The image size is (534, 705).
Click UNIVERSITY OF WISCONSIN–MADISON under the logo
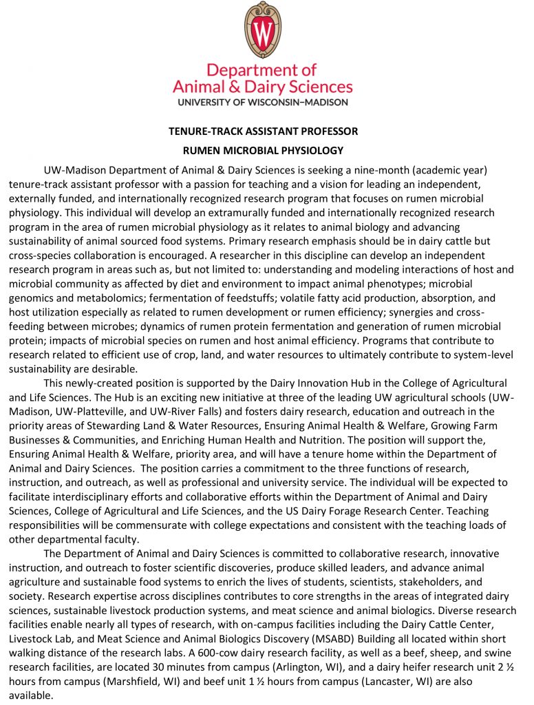tap(263, 101)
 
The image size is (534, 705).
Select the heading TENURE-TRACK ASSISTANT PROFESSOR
tap(264, 131)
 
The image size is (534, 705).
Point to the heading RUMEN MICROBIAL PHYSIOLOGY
tap(263, 150)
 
